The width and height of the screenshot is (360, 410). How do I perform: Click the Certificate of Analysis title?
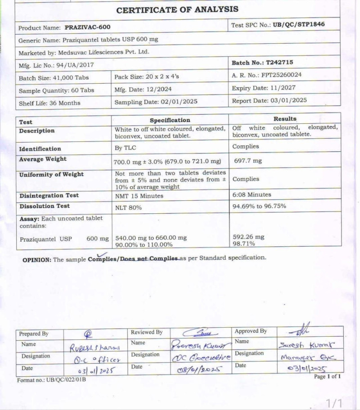point(177,9)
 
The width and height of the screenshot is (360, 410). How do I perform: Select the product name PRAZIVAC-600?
point(88,27)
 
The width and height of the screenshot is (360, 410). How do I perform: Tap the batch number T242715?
point(279,63)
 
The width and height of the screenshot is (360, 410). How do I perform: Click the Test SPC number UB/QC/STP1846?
point(298,25)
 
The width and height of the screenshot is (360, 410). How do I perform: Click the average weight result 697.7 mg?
point(248,160)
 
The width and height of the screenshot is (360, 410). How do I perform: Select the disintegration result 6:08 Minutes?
point(252,195)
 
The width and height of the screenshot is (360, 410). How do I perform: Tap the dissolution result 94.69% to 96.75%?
point(259,206)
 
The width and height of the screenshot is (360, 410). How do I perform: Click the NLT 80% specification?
point(129,207)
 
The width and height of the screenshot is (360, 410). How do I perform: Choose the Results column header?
point(285,119)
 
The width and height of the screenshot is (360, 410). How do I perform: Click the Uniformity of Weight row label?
point(51,174)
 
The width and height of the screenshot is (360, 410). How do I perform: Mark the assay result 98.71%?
point(244,243)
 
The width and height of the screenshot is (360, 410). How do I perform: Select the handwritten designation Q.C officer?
point(98,359)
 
